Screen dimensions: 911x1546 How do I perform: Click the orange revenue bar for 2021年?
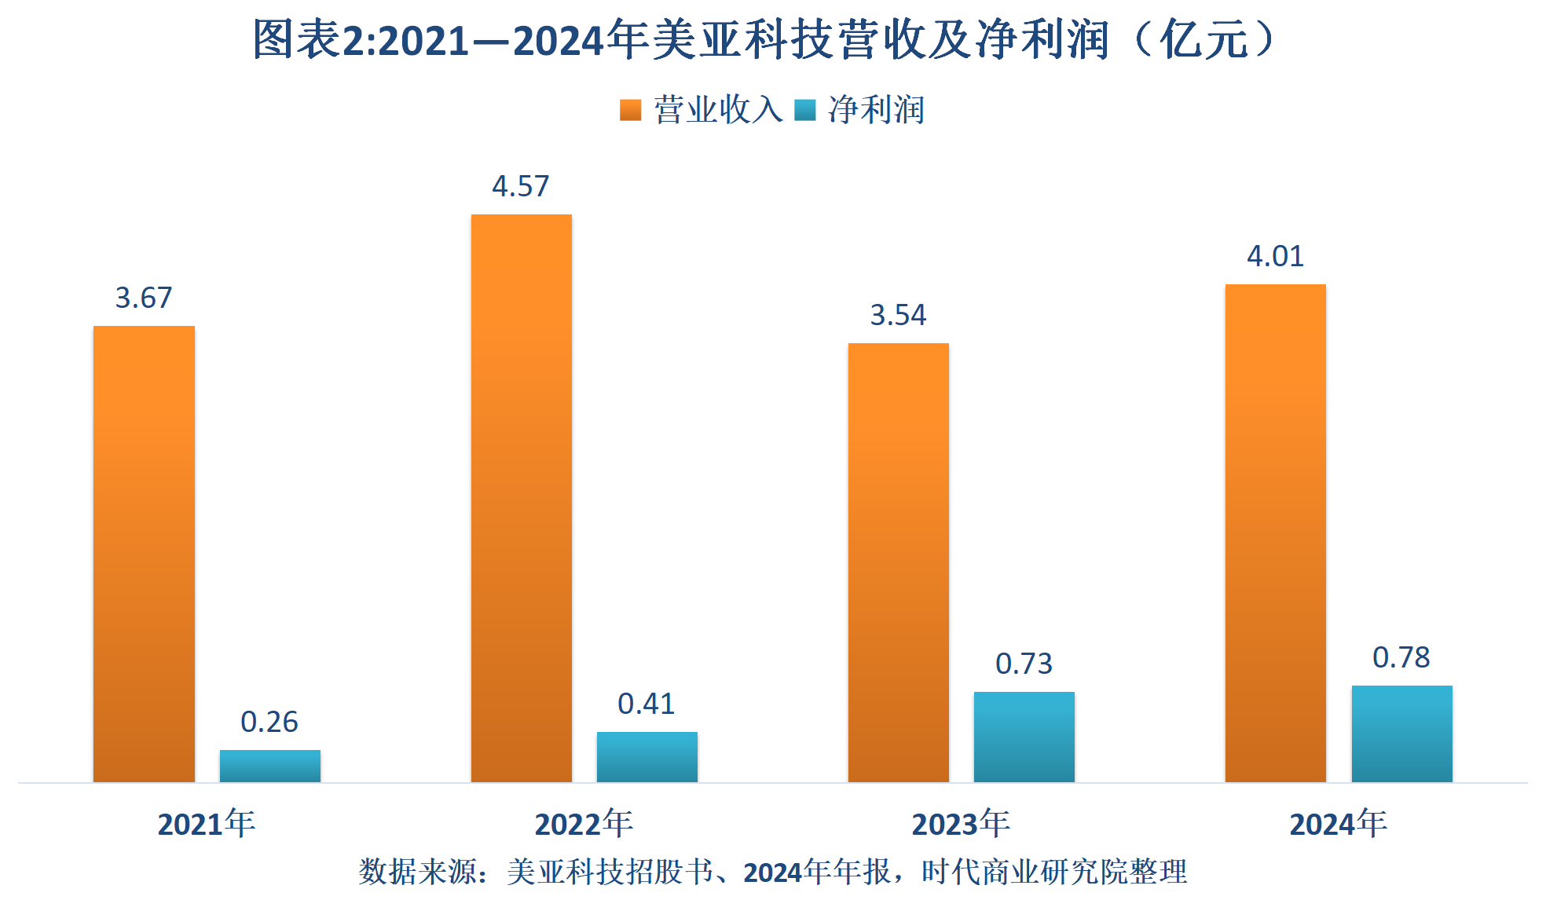144,554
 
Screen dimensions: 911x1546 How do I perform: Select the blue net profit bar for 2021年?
269,766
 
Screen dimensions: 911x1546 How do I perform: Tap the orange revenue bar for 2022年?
521,498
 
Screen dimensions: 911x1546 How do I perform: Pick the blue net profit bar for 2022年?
647,756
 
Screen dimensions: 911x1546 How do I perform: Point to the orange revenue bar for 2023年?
898,562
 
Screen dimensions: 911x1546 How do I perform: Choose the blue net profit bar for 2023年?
1024,737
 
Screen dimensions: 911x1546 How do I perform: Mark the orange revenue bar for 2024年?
1275,532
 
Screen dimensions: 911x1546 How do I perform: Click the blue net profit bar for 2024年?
1401,734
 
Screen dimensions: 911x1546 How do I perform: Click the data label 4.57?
521,186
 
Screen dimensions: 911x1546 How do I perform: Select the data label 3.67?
144,298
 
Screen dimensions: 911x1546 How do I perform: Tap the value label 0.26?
269,722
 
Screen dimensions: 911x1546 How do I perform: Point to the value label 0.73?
1024,664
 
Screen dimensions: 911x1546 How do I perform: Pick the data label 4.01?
1275,256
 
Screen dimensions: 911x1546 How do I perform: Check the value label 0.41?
647,704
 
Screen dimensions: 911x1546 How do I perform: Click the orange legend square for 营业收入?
630,110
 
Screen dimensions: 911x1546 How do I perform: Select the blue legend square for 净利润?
804,110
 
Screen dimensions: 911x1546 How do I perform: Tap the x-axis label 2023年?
961,824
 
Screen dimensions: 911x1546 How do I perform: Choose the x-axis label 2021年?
207,824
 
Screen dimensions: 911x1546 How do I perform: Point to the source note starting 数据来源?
773,872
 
